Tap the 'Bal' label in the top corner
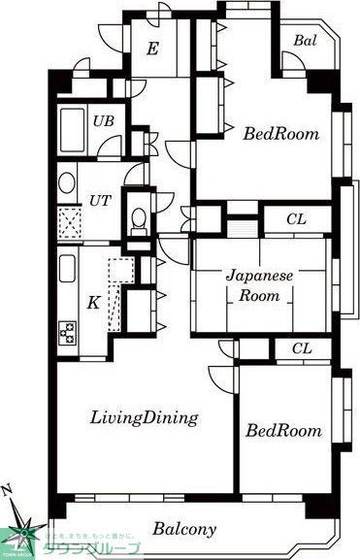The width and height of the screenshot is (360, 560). click(x=305, y=42)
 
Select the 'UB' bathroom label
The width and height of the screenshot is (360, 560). click(x=101, y=121)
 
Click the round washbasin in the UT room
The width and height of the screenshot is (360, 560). click(x=67, y=181)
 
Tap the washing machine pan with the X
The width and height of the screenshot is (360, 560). click(x=69, y=224)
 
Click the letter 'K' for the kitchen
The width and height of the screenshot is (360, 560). click(x=93, y=302)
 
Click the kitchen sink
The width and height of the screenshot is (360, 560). click(x=69, y=267)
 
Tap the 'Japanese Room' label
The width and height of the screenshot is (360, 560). click(x=260, y=285)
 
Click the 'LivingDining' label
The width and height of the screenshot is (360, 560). click(x=145, y=418)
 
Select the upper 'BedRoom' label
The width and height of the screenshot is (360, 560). click(x=280, y=135)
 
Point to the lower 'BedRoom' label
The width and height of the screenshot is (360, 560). click(x=282, y=430)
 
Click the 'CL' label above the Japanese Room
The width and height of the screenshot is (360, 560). click(x=296, y=220)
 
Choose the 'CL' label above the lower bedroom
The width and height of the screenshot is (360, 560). click(x=302, y=348)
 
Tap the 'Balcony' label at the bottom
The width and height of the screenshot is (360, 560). click(x=183, y=530)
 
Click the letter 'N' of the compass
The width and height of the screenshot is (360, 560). click(x=8, y=489)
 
